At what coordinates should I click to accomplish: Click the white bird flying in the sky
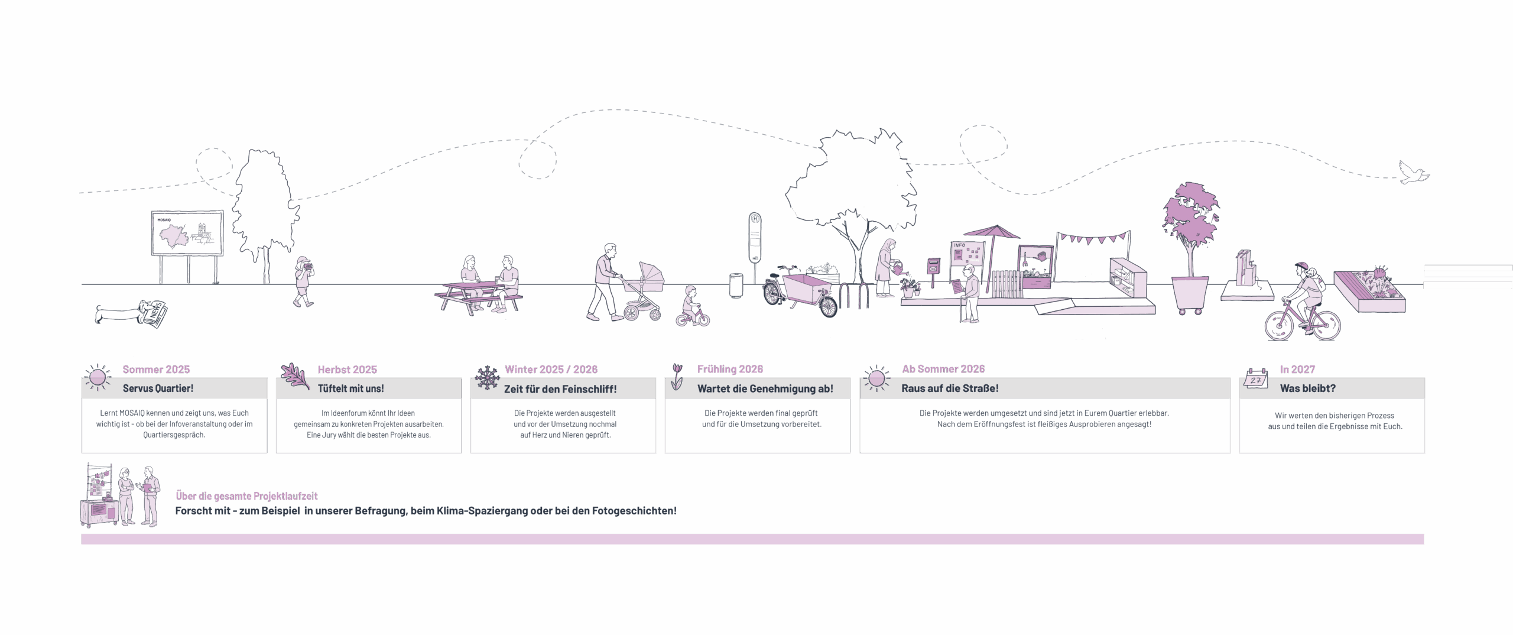(x=1413, y=174)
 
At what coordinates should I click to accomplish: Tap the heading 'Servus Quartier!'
(x=158, y=388)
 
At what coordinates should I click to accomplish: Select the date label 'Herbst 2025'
(x=347, y=370)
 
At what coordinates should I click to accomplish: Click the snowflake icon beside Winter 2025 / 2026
(x=488, y=378)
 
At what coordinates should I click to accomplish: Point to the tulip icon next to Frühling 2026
(x=677, y=376)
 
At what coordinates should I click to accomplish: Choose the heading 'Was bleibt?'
(x=1307, y=388)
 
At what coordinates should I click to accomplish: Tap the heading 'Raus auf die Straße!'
(x=950, y=388)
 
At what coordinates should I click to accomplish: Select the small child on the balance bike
(x=691, y=307)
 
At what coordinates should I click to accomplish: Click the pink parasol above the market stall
(x=993, y=232)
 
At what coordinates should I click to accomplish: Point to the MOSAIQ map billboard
(x=187, y=233)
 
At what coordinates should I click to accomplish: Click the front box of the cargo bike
(x=806, y=289)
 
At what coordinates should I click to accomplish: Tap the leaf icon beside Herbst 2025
(x=295, y=377)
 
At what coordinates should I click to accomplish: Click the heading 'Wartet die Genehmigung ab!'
(x=765, y=388)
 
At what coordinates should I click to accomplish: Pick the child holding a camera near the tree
(x=304, y=281)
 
